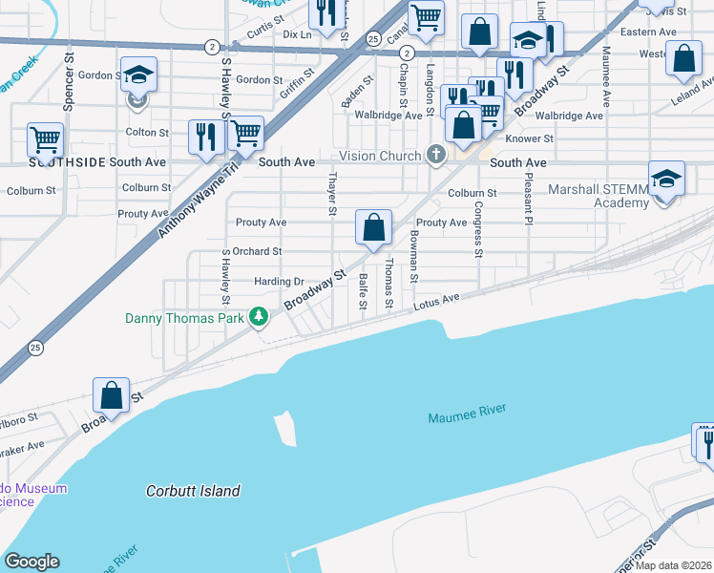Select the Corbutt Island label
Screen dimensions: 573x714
(193, 491)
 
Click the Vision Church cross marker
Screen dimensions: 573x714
(436, 156)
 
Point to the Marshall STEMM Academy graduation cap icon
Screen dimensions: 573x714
(665, 179)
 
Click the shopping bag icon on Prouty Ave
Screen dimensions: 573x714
(374, 227)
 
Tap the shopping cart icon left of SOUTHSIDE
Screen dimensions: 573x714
(45, 139)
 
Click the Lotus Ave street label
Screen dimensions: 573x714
(437, 303)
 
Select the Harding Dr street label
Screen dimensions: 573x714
(279, 282)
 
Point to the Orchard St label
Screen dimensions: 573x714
(257, 252)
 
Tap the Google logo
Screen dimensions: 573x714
(31, 562)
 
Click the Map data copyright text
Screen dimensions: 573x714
(678, 565)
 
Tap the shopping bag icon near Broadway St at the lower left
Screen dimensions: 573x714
(112, 395)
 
